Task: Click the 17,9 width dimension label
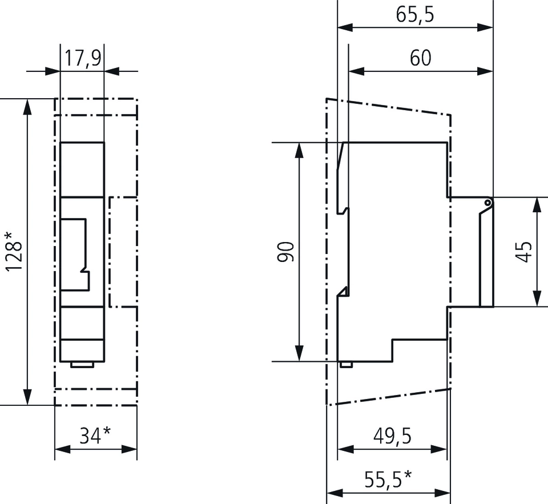[x=82, y=59]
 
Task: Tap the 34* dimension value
[x=95, y=436]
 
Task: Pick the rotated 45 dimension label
[x=525, y=252]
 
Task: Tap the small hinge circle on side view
[x=487, y=202]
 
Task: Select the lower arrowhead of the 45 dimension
[x=537, y=299]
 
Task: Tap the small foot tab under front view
[x=82, y=364]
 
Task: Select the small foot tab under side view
[x=345, y=364]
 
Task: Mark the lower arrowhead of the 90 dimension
[x=299, y=354]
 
